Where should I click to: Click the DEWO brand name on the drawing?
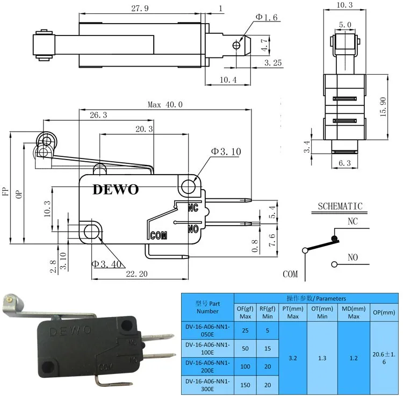coord(116,190)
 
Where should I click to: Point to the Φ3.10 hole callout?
coord(226,152)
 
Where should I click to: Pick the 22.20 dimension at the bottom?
coord(137,274)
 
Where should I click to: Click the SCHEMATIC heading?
coord(340,206)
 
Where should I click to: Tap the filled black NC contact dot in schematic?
coord(335,238)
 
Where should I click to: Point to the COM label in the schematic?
coord(290,274)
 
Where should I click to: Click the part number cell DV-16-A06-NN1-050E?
coord(207,330)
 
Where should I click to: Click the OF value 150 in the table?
coord(245,385)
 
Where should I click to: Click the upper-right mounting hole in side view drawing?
coord(188,186)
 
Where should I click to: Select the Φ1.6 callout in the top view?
coord(266,18)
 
